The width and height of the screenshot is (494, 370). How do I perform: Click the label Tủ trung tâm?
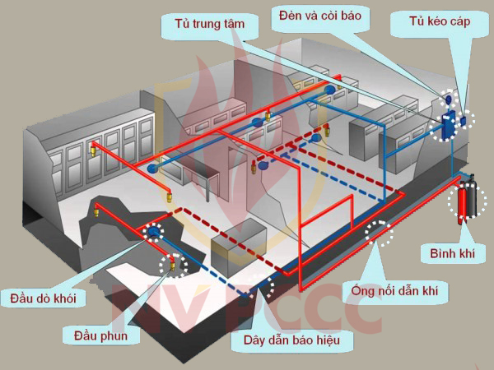[210, 24]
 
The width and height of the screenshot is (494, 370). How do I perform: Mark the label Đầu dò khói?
[44, 298]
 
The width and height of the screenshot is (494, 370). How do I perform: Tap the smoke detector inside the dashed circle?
[152, 233]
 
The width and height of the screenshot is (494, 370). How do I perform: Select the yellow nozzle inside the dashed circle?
[173, 262]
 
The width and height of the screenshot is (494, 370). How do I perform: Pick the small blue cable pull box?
[464, 121]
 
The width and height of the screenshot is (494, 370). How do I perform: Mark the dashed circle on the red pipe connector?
[379, 233]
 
